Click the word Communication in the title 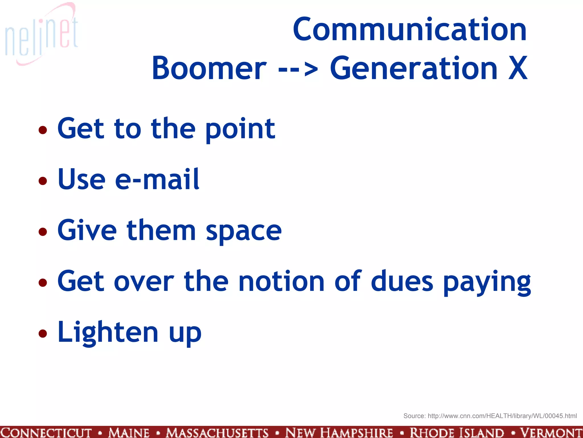(x=410, y=30)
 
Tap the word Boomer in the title (x=209, y=68)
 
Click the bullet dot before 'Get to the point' (x=43, y=130)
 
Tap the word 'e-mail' (x=157, y=179)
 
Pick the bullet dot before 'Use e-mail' (x=43, y=181)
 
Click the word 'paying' (x=487, y=283)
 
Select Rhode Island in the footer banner (x=457, y=433)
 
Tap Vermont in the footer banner (x=551, y=433)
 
